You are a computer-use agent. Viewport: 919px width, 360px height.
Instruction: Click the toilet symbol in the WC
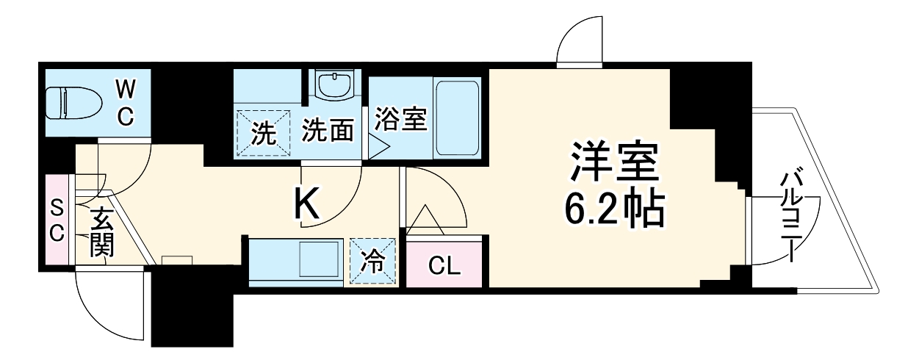[71, 102]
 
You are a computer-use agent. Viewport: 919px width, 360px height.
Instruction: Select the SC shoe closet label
[57, 220]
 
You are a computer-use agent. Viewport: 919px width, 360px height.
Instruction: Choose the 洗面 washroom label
[328, 132]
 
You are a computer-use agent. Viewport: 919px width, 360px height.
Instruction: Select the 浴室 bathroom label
[400, 119]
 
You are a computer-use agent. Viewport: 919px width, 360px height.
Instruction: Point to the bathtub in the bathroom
[456, 118]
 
